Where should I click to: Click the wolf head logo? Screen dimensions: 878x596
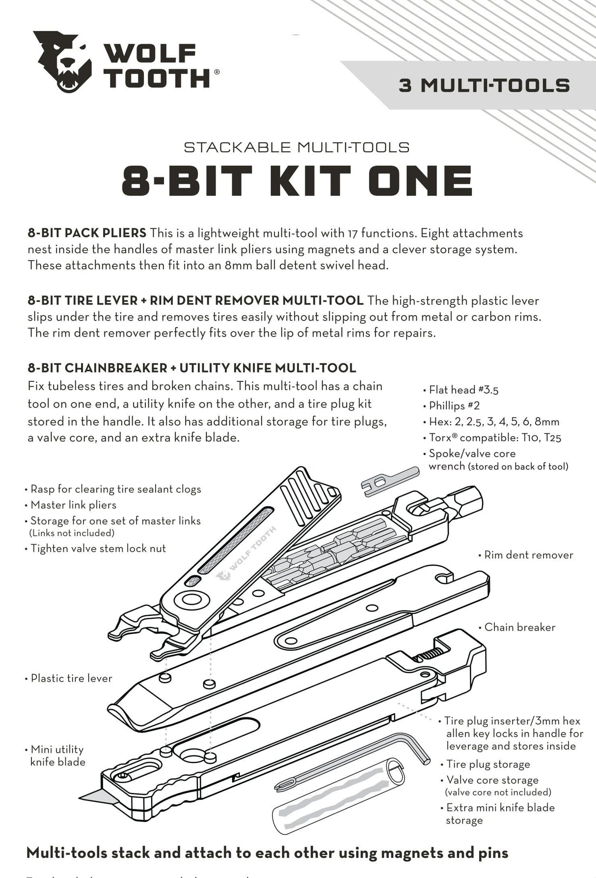click(63, 61)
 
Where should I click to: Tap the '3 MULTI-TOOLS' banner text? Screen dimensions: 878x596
click(484, 85)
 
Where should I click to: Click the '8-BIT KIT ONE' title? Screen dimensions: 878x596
click(297, 181)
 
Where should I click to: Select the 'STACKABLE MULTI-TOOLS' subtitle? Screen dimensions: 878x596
click(297, 147)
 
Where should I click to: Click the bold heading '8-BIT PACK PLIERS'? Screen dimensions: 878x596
click(87, 233)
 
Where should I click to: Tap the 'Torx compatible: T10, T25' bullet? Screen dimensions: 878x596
click(495, 437)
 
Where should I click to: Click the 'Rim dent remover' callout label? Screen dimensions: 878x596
click(528, 555)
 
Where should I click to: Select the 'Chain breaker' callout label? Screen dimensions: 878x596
click(519, 627)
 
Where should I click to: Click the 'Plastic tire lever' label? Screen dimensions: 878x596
click(71, 678)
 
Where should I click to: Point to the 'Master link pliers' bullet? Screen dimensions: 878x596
click(73, 505)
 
